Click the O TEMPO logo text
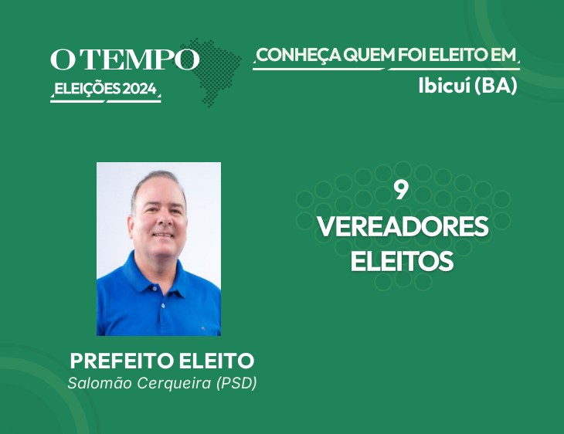[124, 59]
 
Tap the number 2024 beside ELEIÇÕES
[140, 89]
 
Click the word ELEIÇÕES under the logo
[87, 89]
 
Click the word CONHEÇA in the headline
[298, 56]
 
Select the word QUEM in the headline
[369, 55]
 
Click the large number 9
[401, 191]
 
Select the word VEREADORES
[403, 226]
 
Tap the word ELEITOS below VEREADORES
[402, 261]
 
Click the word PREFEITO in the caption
[123, 361]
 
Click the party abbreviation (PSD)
[236, 383]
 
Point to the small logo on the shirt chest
[203, 327]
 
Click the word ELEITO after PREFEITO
[216, 361]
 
